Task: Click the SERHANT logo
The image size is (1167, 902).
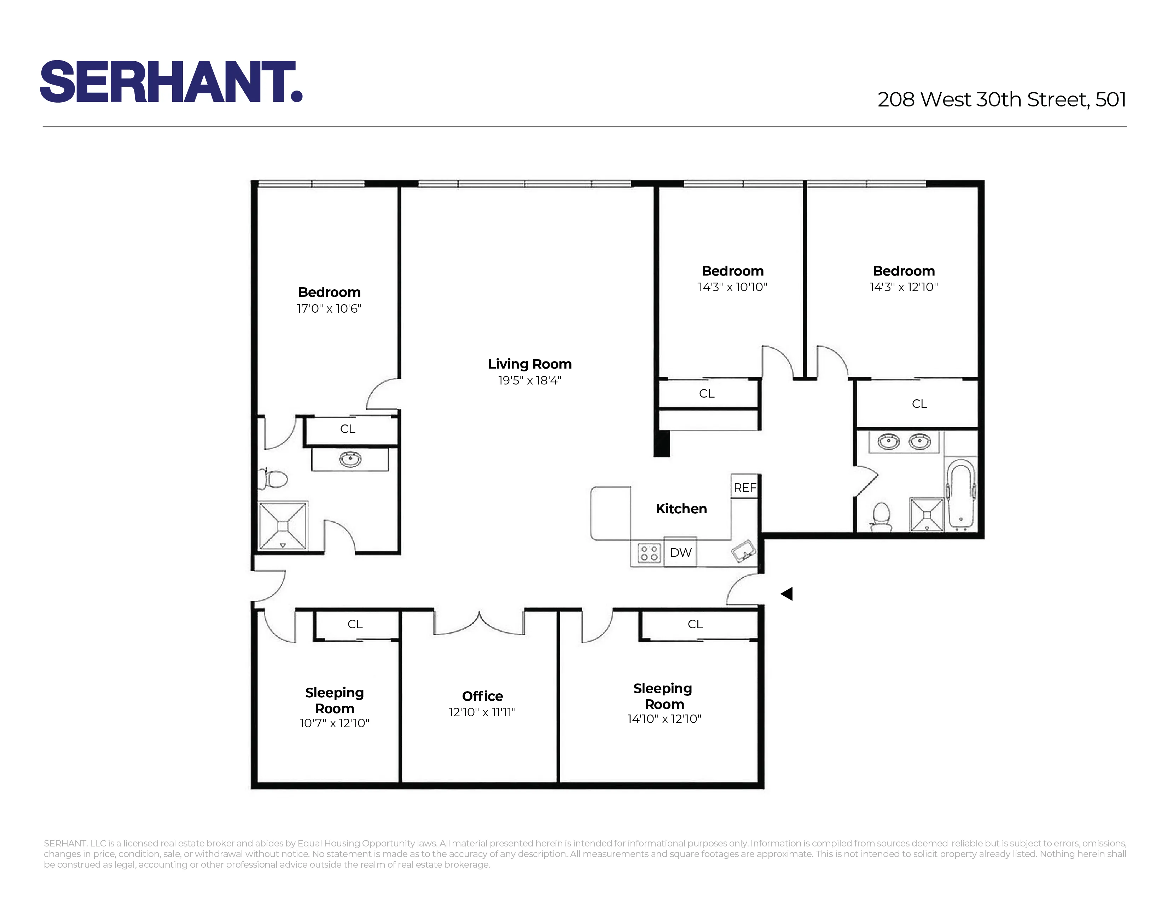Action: [171, 81]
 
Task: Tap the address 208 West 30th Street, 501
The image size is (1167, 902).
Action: [1001, 99]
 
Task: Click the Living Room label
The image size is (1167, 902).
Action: [529, 364]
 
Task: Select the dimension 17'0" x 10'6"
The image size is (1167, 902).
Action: [329, 308]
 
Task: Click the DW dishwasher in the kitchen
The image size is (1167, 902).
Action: [680, 553]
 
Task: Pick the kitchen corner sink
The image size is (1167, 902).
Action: [744, 550]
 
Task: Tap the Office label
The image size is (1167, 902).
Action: [482, 696]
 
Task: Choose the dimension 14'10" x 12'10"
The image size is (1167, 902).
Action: [664, 719]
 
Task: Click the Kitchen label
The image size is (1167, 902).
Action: [681, 509]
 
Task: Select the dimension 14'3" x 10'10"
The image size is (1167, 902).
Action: [732, 287]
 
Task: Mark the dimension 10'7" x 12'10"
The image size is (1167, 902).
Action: [334, 723]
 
